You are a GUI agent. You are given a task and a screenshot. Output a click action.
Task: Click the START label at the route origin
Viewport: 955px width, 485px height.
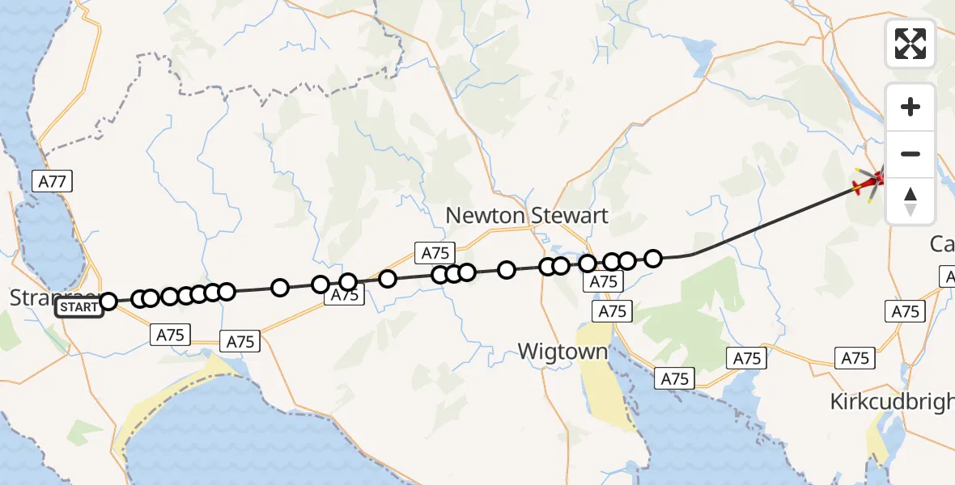tap(79, 307)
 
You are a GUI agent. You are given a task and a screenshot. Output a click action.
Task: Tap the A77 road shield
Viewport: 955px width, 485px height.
tap(53, 181)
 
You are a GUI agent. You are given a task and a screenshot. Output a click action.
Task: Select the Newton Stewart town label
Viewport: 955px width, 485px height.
tap(526, 217)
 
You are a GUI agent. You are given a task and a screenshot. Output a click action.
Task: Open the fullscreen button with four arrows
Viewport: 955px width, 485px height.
tap(910, 44)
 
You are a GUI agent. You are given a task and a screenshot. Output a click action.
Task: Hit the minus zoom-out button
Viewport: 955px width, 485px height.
tap(910, 154)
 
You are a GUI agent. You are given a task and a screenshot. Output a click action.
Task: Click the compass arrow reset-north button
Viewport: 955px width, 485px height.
tap(910, 201)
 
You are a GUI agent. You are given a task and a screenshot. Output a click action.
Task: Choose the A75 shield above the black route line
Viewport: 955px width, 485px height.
tap(434, 253)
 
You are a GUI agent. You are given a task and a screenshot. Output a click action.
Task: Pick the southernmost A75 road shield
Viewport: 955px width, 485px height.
tap(675, 378)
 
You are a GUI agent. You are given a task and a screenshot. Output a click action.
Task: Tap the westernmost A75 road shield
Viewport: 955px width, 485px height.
tap(171, 335)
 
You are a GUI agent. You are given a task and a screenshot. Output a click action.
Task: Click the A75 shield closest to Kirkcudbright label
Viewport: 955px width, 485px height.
tap(855, 358)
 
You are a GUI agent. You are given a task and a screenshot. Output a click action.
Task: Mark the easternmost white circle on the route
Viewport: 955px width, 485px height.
tap(653, 259)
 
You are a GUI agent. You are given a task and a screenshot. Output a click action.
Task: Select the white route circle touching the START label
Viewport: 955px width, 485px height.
tap(108, 302)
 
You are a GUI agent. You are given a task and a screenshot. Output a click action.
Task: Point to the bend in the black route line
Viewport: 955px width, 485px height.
tap(692, 255)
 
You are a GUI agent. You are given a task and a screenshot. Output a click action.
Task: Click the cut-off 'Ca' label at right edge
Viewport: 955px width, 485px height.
tap(942, 243)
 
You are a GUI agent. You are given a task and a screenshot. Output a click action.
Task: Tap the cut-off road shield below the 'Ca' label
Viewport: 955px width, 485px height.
tap(948, 277)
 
